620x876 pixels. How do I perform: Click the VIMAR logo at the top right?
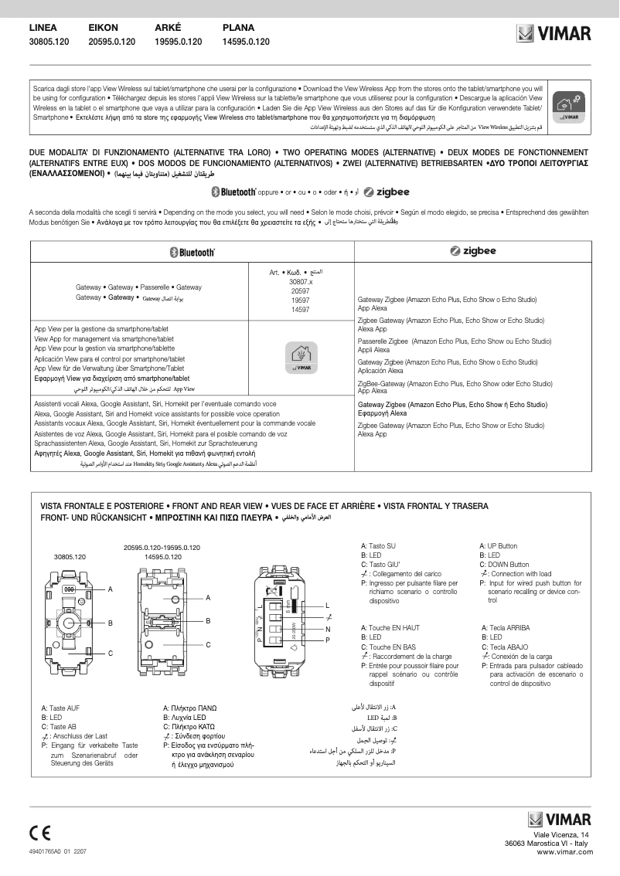[x=554, y=33]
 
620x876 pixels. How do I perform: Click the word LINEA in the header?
[x=43, y=27]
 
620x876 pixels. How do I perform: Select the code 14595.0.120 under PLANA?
[x=246, y=42]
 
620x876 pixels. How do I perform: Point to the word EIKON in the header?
[x=104, y=27]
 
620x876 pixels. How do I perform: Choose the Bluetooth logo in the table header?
[x=192, y=252]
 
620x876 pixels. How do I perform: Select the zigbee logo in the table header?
[x=472, y=251]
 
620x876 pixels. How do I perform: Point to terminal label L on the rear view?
[x=327, y=604]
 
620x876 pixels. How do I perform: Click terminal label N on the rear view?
[x=327, y=629]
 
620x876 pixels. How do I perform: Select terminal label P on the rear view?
[x=327, y=640]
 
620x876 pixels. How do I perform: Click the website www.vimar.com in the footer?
[x=564, y=851]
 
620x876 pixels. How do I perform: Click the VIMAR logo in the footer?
[x=559, y=819]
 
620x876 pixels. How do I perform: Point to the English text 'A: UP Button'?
[x=499, y=546]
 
